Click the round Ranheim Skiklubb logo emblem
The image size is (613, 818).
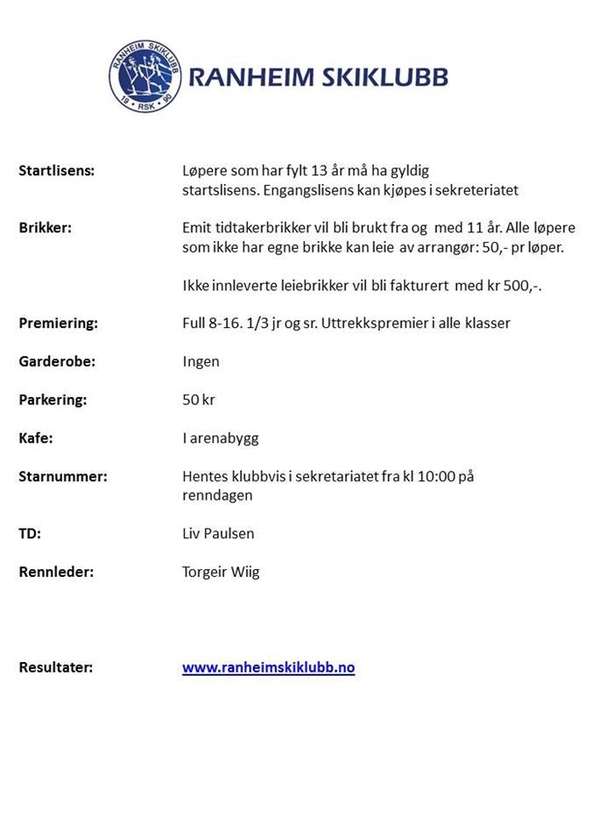pos(145,76)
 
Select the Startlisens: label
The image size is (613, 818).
pos(56,171)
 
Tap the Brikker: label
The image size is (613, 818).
pos(45,228)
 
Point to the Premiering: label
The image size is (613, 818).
pos(59,324)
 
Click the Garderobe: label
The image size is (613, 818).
pos(57,361)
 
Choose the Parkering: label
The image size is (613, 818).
pos(53,400)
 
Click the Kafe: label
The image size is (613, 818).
pos(36,438)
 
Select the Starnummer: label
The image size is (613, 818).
pos(63,477)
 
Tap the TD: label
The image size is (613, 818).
pos(30,533)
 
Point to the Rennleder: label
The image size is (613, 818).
pos(56,573)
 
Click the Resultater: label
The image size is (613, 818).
pos(56,667)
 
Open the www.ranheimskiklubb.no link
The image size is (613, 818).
pos(268,667)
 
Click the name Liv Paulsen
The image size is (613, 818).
pos(218,533)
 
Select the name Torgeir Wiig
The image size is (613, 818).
pos(221,573)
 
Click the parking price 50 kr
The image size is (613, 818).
pos(198,400)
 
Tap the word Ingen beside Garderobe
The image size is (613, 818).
pos(201,361)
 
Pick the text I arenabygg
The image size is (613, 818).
pos(220,438)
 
